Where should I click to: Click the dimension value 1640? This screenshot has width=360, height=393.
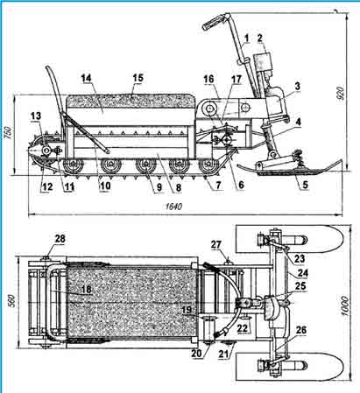tap(173, 207)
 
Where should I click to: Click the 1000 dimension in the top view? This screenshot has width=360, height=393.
tap(345, 305)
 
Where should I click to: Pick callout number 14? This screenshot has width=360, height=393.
tap(86, 79)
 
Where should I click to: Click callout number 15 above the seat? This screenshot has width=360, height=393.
tap(138, 78)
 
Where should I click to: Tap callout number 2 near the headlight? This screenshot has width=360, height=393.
tap(259, 38)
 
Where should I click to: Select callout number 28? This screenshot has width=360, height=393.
tap(60, 239)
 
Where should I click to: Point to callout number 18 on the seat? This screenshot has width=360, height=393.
tap(87, 290)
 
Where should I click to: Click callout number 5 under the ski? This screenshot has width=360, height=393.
tap(305, 185)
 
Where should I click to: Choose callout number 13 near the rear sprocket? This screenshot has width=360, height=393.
tap(37, 116)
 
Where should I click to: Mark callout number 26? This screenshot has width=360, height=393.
tap(301, 330)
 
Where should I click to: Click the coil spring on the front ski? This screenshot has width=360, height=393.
tap(299, 155)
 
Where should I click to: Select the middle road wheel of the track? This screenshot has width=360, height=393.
tap(145, 165)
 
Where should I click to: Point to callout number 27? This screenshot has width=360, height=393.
tap(216, 245)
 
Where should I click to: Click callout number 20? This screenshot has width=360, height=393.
tap(197, 353)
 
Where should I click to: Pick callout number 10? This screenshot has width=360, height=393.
tap(105, 186)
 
